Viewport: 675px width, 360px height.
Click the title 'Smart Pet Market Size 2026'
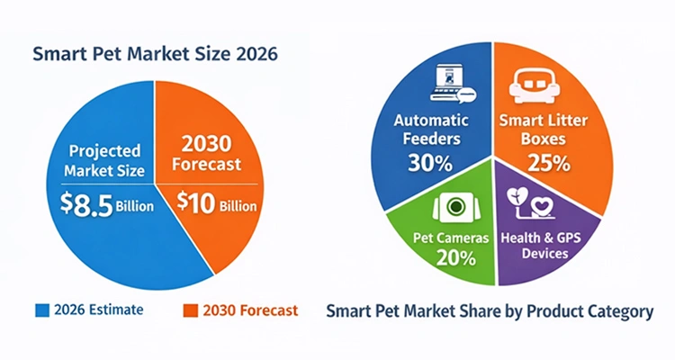(155, 53)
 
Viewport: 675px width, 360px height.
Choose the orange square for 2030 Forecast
(189, 311)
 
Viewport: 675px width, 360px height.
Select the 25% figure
(548, 164)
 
